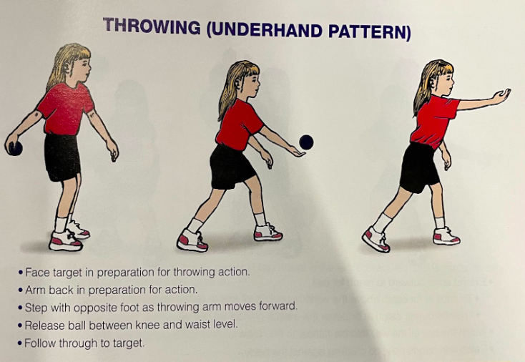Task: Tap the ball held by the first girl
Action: (x=14, y=148)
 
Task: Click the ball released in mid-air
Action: (x=306, y=142)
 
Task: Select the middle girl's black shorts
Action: (x=231, y=166)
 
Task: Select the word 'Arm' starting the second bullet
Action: (x=34, y=290)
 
